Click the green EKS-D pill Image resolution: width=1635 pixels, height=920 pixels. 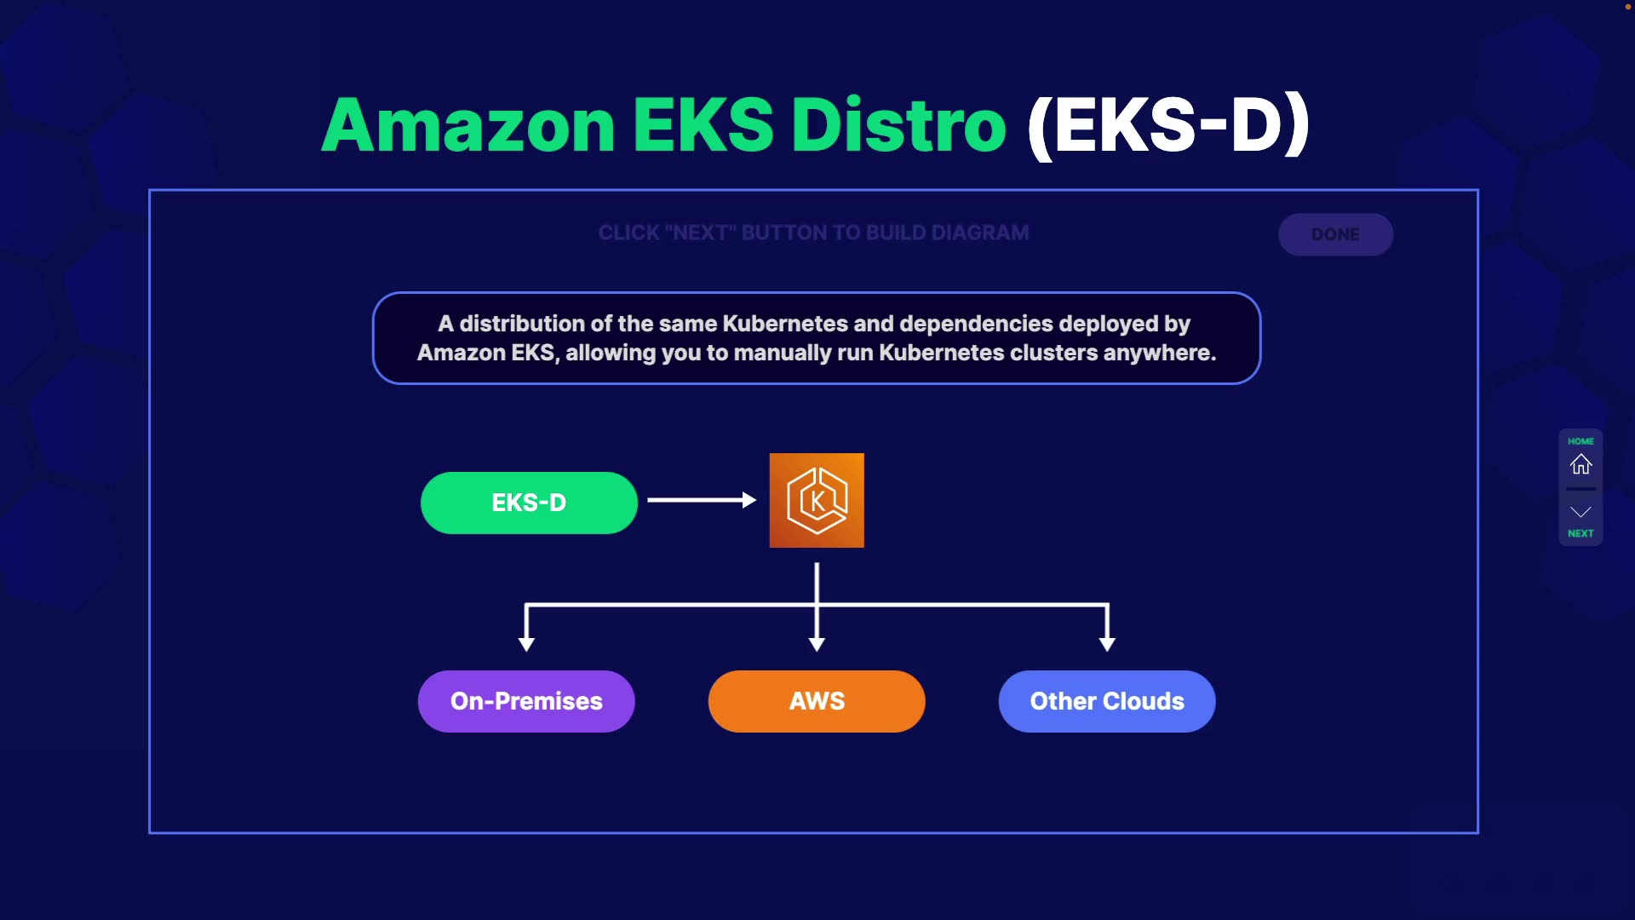click(x=529, y=503)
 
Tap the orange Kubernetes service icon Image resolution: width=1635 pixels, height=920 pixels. click(x=817, y=500)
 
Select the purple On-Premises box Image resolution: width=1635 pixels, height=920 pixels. click(x=526, y=701)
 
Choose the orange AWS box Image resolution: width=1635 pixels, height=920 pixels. click(x=817, y=701)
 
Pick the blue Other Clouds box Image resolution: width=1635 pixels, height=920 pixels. click(x=1107, y=701)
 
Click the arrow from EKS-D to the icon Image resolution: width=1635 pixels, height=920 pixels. click(x=702, y=500)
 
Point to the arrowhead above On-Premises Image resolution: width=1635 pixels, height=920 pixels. click(x=526, y=644)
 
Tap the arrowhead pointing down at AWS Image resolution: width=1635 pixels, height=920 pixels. click(x=817, y=644)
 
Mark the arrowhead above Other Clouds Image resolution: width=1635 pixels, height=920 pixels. click(x=1107, y=644)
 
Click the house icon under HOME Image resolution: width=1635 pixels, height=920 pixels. click(x=1580, y=464)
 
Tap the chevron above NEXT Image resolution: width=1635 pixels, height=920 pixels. click(x=1580, y=512)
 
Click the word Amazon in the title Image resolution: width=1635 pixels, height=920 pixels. click(x=468, y=125)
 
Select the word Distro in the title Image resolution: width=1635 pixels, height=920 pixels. click(x=899, y=125)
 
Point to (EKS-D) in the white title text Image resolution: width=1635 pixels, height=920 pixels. click(x=1168, y=126)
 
